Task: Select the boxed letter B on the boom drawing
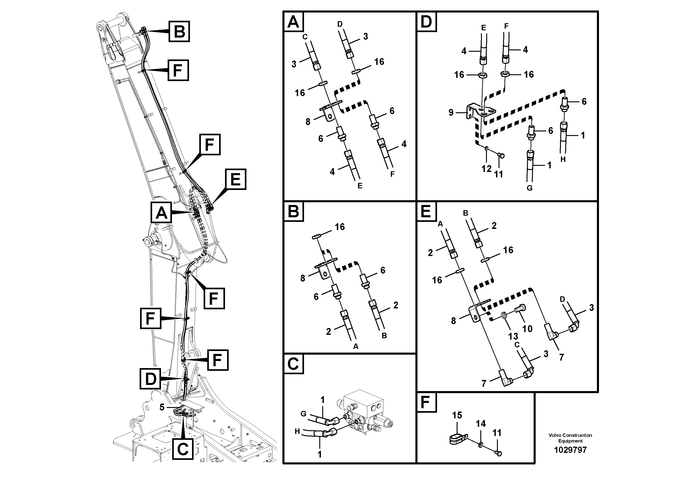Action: click(179, 31)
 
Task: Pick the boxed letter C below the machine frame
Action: click(183, 449)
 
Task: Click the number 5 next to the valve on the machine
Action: click(162, 407)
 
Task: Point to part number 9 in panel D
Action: click(451, 113)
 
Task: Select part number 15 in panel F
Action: click(457, 415)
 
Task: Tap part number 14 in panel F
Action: click(481, 424)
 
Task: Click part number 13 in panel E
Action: click(513, 336)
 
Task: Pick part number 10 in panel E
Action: click(527, 328)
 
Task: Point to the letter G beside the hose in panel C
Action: click(303, 414)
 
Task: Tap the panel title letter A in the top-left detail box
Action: click(293, 22)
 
